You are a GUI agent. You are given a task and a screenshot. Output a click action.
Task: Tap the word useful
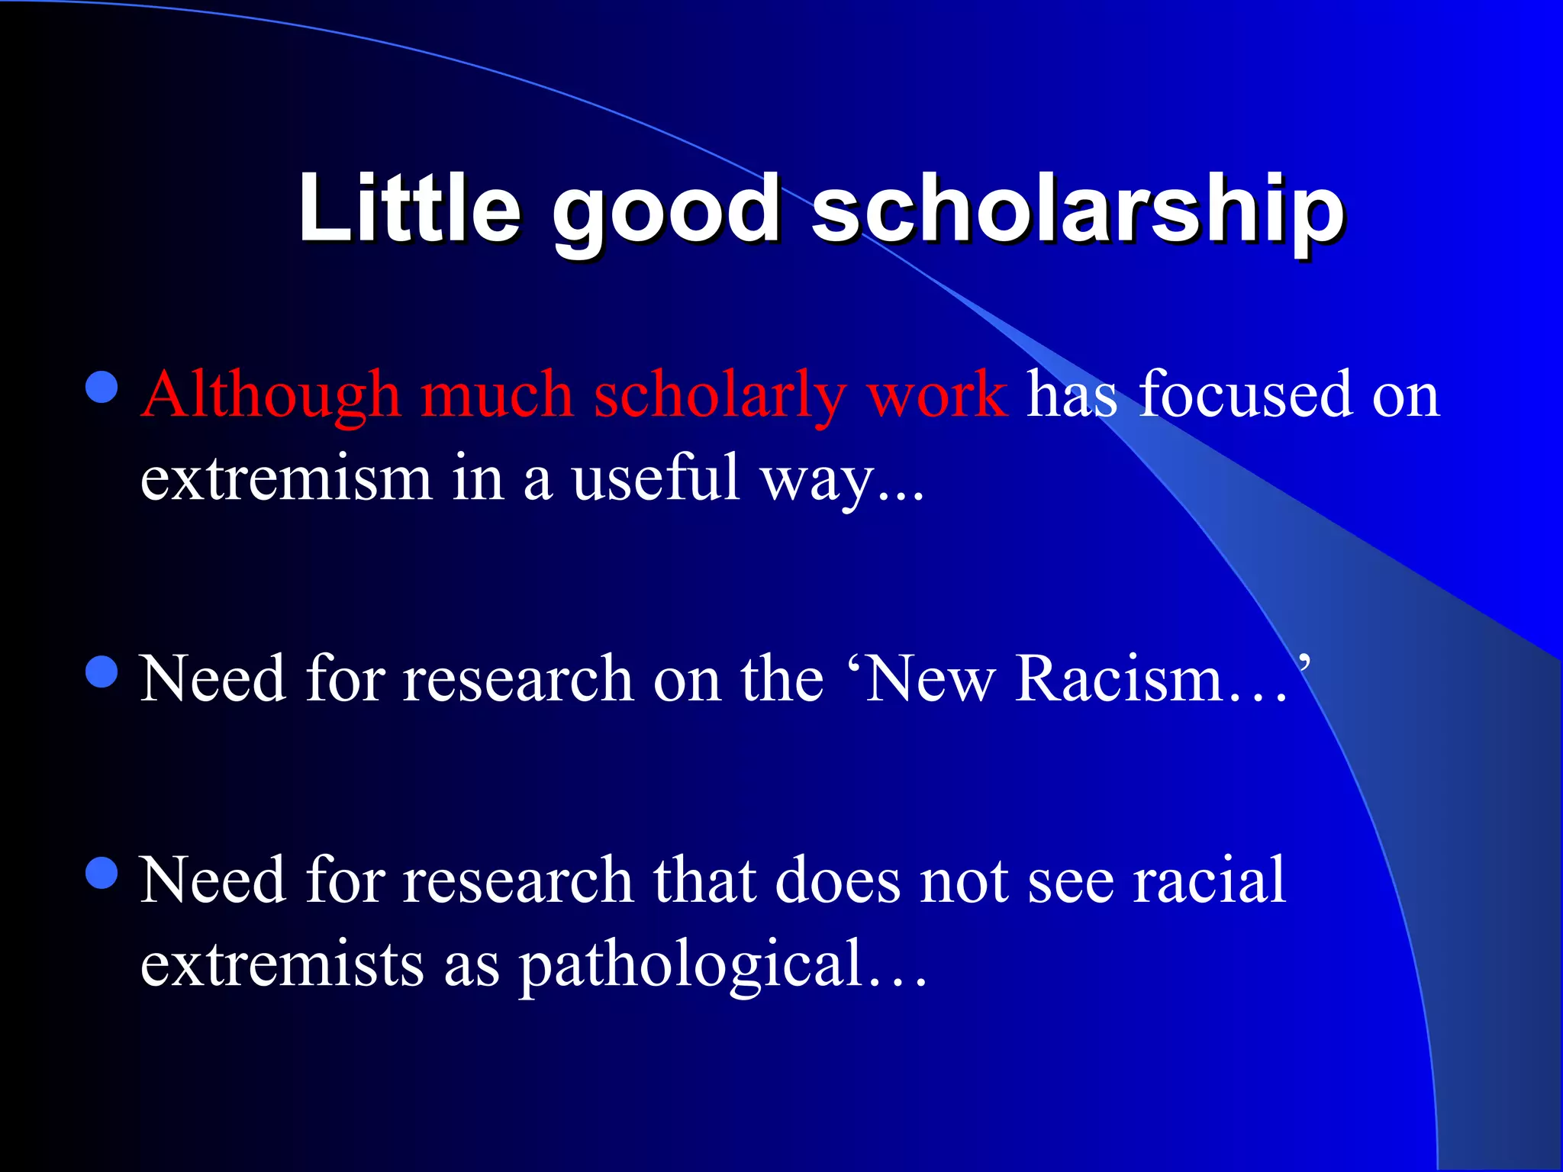point(656,478)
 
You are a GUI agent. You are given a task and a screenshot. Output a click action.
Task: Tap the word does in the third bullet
point(837,881)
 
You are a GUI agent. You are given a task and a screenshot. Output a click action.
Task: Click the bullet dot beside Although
point(102,388)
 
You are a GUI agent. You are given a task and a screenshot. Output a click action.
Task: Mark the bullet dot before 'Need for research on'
point(102,672)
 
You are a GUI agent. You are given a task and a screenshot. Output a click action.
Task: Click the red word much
point(497,395)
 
